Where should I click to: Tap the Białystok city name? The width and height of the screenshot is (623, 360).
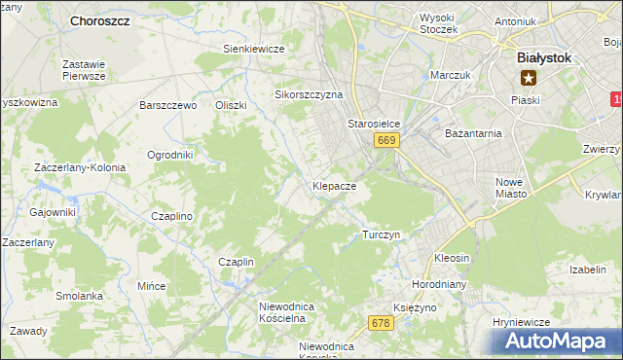[543, 57]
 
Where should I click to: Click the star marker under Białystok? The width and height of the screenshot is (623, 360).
[529, 78]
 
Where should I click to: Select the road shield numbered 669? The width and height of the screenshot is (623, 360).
[386, 141]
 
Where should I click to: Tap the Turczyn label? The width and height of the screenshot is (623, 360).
[381, 234]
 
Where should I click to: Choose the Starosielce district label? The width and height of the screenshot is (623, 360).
[375, 125]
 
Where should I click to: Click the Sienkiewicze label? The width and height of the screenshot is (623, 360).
[253, 49]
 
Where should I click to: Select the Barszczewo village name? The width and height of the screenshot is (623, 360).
[168, 105]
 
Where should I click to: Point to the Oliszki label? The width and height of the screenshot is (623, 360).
[231, 105]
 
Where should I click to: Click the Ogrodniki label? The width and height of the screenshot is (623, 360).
[169, 155]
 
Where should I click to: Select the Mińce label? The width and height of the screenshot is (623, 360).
[152, 286]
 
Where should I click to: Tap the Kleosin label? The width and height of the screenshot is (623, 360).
[452, 258]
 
